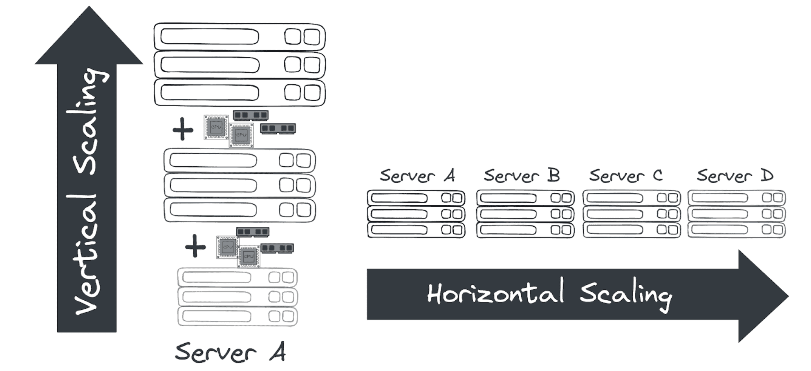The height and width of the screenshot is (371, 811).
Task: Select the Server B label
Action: [522, 176]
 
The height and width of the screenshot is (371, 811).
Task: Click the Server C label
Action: [626, 176]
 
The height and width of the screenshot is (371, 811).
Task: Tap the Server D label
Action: [735, 176]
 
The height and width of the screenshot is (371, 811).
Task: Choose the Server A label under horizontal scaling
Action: [417, 176]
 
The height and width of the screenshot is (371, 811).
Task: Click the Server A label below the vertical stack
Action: [230, 352]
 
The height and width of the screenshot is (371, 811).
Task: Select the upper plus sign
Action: [183, 129]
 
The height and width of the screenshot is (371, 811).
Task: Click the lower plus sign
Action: [195, 246]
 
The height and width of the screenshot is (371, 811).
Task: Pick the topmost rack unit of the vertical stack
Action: [240, 37]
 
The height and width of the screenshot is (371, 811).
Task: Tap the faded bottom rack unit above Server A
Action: [237, 316]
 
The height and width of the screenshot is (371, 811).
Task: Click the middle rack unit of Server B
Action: [525, 214]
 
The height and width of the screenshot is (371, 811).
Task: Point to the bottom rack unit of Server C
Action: [632, 230]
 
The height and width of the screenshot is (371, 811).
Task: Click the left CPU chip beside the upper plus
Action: [216, 127]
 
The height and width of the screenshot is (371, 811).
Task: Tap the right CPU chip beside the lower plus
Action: [249, 257]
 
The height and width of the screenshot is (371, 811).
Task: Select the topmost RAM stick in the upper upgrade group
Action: [251, 115]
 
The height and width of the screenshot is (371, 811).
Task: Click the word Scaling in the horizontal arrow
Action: [625, 294]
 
